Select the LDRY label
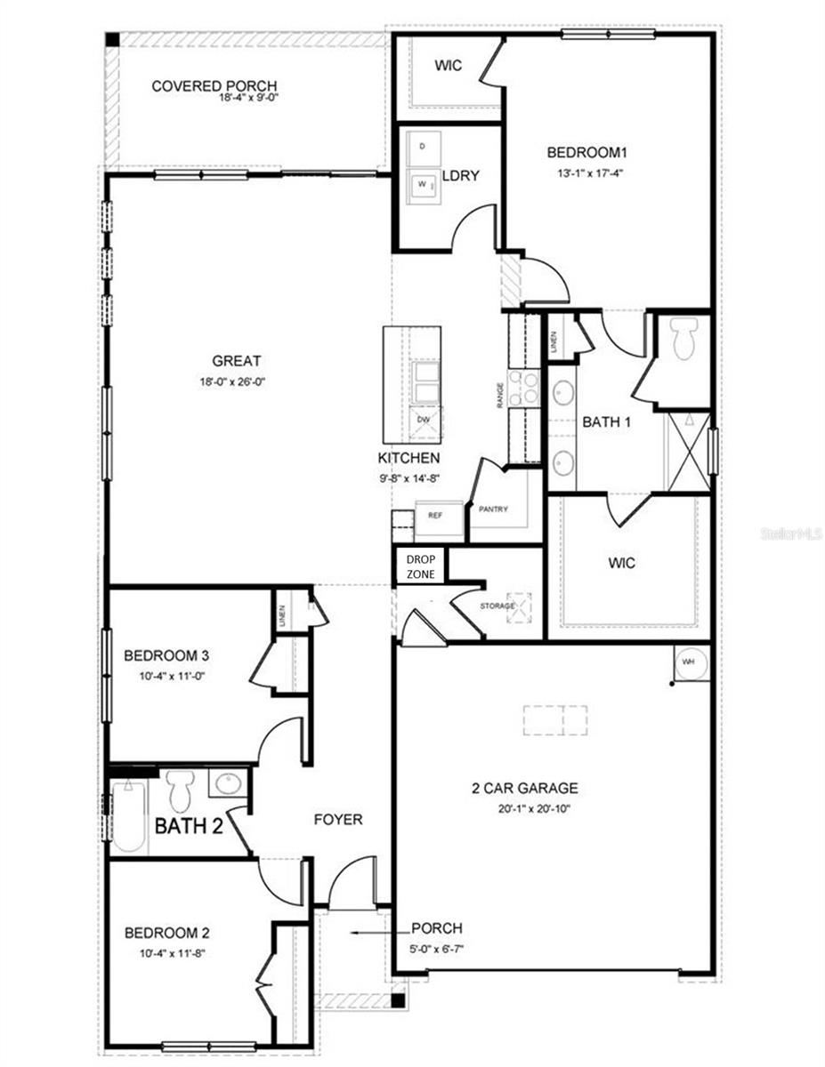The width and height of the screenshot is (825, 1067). click(461, 175)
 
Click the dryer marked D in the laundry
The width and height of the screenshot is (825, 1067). click(423, 147)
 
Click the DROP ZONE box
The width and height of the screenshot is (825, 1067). click(420, 566)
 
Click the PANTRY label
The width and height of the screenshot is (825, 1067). click(492, 509)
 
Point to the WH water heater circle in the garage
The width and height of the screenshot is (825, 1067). click(688, 662)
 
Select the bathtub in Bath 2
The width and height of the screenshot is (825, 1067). click(129, 815)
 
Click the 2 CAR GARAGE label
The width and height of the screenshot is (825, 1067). click(525, 788)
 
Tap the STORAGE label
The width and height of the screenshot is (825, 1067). click(499, 606)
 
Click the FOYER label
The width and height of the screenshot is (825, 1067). click(338, 819)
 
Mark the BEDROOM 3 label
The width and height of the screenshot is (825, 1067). click(166, 656)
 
